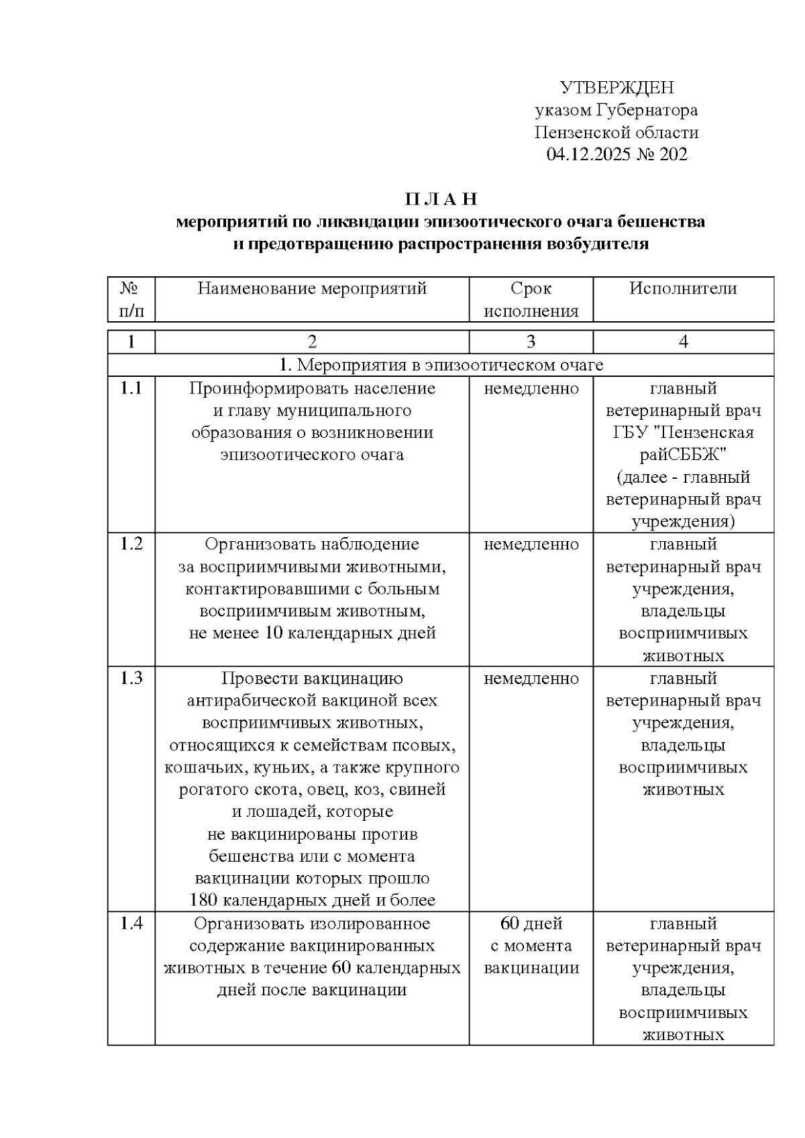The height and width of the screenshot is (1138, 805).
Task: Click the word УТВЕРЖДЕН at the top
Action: [616, 88]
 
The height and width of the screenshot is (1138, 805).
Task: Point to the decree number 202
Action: [673, 155]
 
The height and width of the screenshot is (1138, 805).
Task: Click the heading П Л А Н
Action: [440, 199]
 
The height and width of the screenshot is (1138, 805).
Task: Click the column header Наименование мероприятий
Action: [312, 289]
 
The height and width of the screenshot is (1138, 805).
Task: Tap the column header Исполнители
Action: [683, 289]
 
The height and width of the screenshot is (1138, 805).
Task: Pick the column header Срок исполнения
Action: [531, 300]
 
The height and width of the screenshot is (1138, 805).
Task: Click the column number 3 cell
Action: [531, 342]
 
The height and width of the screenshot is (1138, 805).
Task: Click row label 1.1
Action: [131, 388]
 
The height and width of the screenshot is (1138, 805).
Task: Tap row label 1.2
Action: [131, 544]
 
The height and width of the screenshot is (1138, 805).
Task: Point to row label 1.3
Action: [131, 678]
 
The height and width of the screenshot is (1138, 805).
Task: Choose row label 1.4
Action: [131, 923]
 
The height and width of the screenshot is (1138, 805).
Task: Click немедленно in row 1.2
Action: [531, 544]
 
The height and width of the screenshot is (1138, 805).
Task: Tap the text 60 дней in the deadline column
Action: [531, 923]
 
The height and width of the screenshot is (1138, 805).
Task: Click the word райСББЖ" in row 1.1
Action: [683, 455]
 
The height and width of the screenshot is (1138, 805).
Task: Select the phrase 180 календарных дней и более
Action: [312, 900]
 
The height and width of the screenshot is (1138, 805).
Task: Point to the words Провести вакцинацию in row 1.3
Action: [312, 678]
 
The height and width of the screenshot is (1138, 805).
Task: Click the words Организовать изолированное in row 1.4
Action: [312, 923]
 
